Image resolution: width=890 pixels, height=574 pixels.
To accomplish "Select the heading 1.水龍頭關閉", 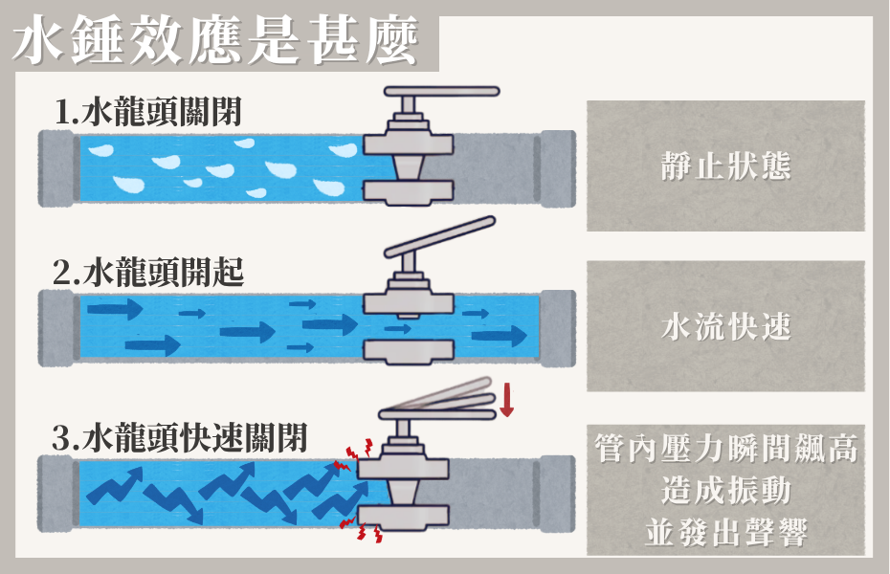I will click(148, 113).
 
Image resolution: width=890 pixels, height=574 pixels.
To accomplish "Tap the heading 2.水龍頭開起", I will click(148, 274).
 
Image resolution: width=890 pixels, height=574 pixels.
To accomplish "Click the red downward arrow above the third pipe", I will click(506, 398).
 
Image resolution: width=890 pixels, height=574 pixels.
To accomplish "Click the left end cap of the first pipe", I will click(56, 165).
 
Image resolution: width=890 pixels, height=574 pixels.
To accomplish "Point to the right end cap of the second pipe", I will click(556, 327).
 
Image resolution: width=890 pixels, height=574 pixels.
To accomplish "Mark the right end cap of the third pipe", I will click(556, 492).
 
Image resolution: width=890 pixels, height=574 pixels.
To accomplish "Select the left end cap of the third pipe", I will click(56, 492).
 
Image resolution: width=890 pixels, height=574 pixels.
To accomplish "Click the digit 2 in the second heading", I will click(62, 275).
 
